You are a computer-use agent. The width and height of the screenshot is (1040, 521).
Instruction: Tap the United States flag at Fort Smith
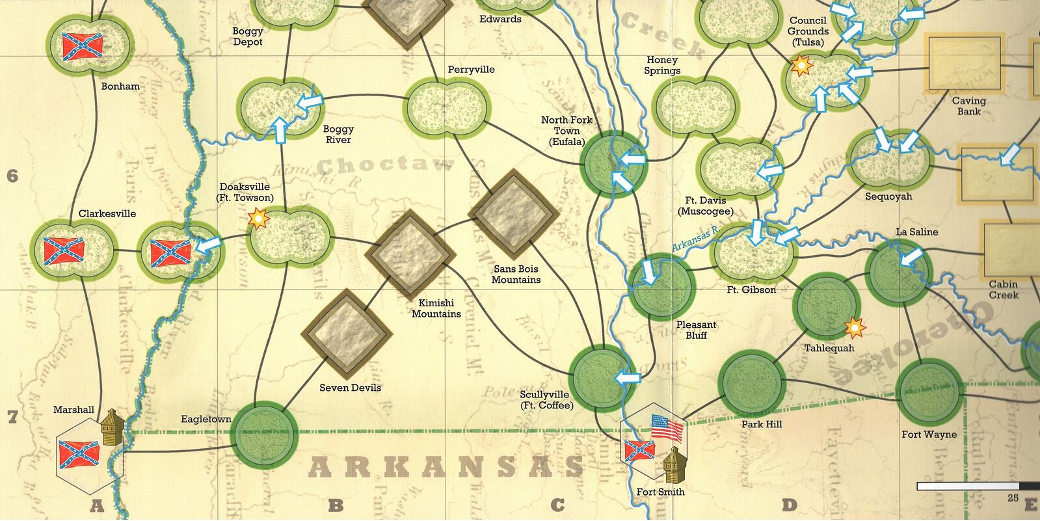(667, 428)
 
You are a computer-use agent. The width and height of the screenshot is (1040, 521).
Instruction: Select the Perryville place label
(471, 70)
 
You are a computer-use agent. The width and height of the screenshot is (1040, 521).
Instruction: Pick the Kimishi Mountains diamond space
(410, 256)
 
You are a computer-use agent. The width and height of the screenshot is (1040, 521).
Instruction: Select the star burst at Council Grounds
(801, 65)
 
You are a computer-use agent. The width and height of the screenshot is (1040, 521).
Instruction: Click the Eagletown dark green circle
(265, 434)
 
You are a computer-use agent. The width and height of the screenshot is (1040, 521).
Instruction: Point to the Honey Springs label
(662, 65)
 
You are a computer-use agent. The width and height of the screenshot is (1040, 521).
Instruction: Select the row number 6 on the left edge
(12, 176)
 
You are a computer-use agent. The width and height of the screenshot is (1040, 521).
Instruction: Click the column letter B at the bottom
(336, 505)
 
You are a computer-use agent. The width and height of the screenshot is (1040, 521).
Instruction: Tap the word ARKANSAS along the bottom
(446, 467)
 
